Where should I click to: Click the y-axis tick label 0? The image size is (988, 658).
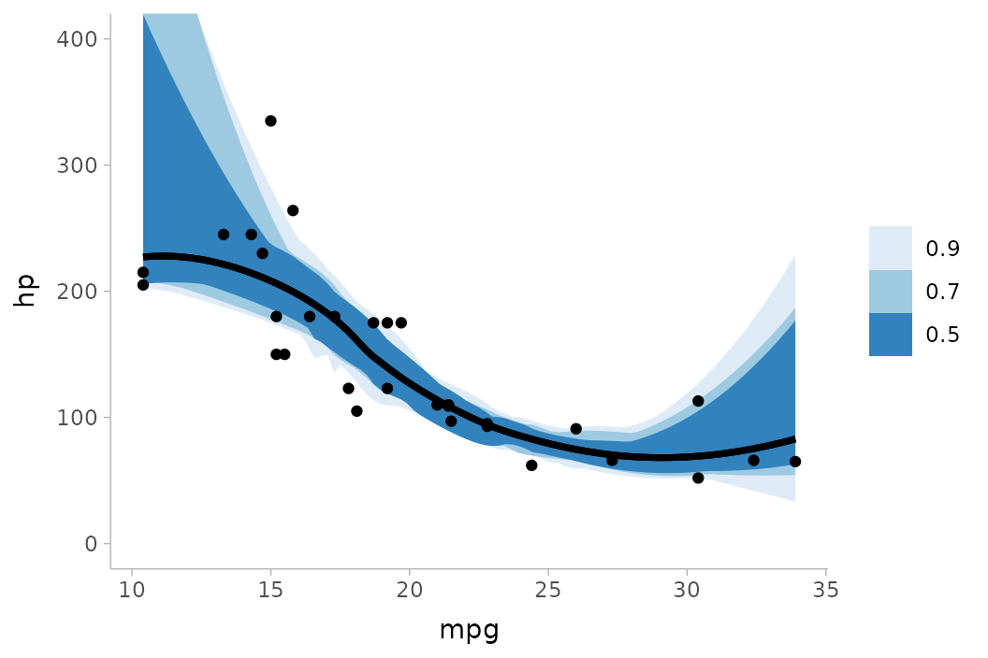[92, 544]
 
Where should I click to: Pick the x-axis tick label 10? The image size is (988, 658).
[132, 590]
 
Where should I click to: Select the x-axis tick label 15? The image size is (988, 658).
[270, 590]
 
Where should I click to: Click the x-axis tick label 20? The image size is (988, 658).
[409, 590]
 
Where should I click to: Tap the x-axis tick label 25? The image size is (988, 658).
[547, 590]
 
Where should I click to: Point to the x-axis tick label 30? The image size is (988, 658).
[687, 590]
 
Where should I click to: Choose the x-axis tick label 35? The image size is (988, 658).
[825, 590]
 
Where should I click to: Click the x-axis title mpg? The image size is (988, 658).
[469, 630]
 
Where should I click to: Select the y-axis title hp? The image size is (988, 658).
[25, 291]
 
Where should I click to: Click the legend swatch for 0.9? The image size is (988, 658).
[890, 248]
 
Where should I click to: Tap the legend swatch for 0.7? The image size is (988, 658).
[890, 292]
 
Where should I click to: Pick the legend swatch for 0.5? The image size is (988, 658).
[890, 335]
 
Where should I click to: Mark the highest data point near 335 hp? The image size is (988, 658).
[270, 121]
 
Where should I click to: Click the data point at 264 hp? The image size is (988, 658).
[293, 210]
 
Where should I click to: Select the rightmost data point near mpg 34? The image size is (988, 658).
[795, 462]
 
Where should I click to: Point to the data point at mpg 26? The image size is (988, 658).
[575, 429]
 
